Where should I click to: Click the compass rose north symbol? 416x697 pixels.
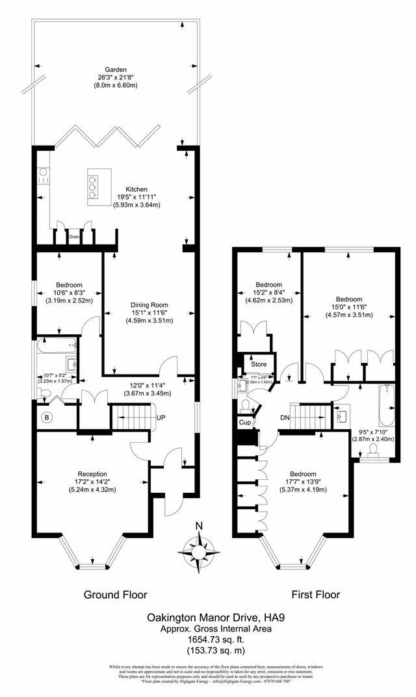tap(200, 546)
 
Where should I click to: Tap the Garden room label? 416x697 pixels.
tap(117, 70)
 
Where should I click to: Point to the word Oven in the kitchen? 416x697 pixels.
tap(74, 237)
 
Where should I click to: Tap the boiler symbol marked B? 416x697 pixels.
tap(46, 417)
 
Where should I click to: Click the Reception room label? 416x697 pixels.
tap(92, 473)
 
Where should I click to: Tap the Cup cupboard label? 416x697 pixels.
tap(244, 423)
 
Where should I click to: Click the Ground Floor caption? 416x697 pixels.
tap(116, 594)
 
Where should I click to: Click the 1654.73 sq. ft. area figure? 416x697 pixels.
tap(207, 640)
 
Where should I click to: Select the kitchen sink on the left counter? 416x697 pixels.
tap(43, 173)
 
